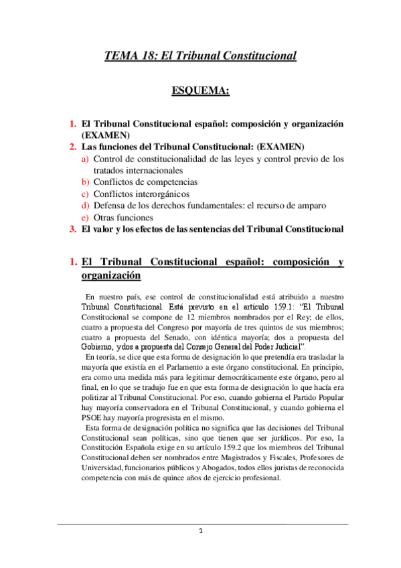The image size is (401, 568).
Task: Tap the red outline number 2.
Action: (x=72, y=147)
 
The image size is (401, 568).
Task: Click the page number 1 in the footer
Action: (x=200, y=550)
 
